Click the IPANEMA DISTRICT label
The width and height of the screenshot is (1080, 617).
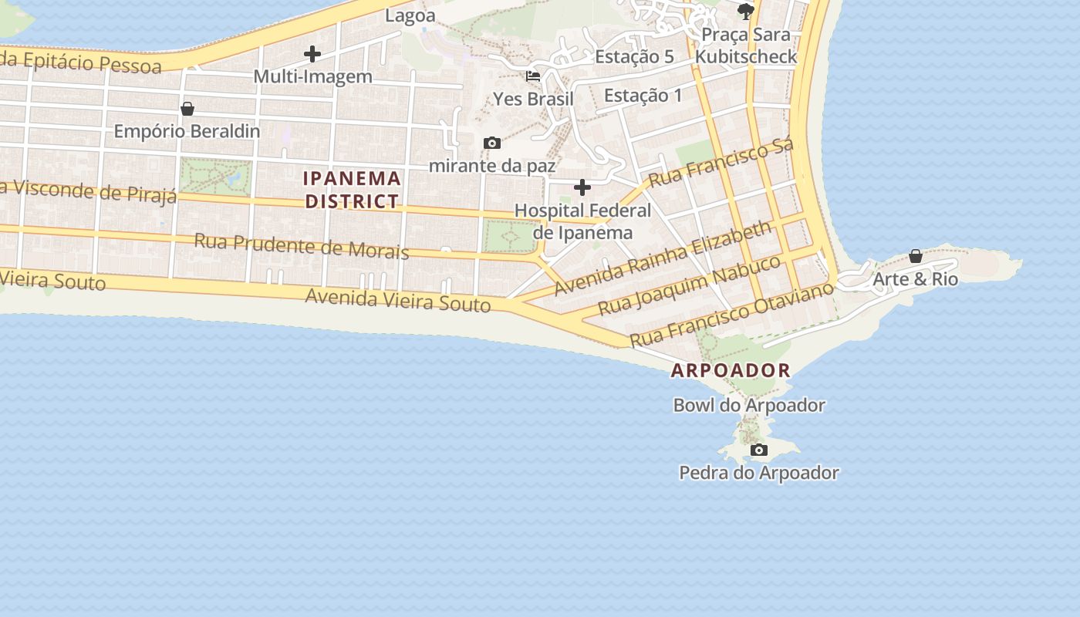point(352,190)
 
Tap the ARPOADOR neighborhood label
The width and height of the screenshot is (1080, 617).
point(731,370)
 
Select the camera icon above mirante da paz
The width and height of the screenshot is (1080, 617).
point(491,143)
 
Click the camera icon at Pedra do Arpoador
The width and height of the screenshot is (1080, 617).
point(759,450)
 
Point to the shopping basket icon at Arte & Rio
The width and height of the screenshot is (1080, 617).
point(916,256)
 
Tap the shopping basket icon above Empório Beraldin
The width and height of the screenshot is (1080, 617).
point(187,109)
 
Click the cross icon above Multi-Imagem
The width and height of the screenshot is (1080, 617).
point(312,54)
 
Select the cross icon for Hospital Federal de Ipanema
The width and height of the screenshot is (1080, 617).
point(582,187)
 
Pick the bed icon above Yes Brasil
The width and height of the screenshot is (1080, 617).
point(533,76)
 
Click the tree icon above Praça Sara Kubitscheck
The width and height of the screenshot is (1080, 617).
point(745,11)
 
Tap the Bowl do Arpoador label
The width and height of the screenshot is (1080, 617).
point(749,405)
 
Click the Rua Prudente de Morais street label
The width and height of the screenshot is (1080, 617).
point(301,245)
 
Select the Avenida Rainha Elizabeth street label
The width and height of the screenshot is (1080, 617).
point(663,258)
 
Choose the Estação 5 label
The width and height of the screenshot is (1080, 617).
point(634,56)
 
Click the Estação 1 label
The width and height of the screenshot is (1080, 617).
point(643,96)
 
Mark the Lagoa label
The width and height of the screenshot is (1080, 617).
point(410,15)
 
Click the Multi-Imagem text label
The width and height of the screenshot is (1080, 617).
point(312,76)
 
